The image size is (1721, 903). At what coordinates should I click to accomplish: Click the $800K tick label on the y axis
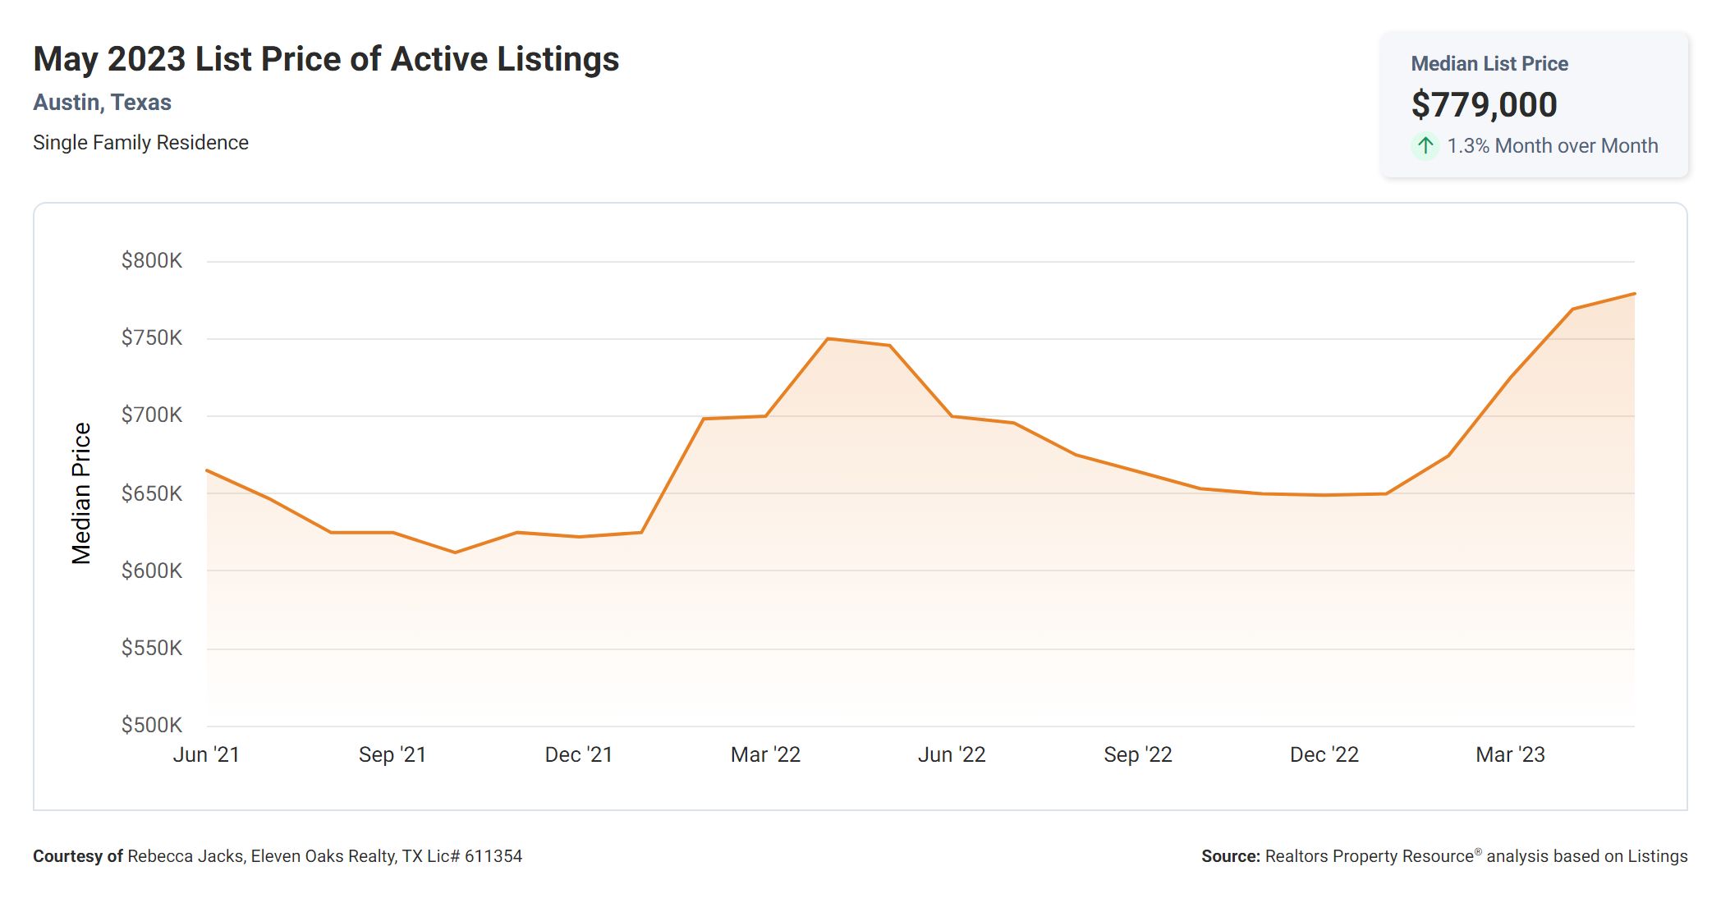152,261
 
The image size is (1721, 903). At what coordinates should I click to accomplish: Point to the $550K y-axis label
152,649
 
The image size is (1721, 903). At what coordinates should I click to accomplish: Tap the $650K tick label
152,493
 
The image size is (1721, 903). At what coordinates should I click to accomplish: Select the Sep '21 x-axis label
392,754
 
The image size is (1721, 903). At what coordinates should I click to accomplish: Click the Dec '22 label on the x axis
1324,754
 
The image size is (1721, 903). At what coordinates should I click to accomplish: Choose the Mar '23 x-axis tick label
1510,754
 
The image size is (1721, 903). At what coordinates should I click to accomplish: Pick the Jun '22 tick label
952,754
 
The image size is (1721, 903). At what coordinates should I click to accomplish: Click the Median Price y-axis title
81,493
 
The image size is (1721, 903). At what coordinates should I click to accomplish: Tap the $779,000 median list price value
1484,105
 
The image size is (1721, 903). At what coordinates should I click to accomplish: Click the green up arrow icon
1425,146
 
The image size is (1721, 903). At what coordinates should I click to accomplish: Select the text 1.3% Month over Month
1552,146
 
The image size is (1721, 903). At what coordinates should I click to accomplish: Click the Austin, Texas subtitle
102,103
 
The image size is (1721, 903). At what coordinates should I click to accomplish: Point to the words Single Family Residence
140,143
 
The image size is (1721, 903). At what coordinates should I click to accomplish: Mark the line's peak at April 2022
828,338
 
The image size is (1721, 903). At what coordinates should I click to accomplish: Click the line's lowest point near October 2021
455,552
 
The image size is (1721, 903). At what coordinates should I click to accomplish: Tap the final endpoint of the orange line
1634,294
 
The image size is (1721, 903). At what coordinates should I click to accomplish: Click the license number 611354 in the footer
493,856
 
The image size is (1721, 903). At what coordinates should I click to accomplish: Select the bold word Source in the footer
1229,856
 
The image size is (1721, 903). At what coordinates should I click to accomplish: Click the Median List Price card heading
1489,64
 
